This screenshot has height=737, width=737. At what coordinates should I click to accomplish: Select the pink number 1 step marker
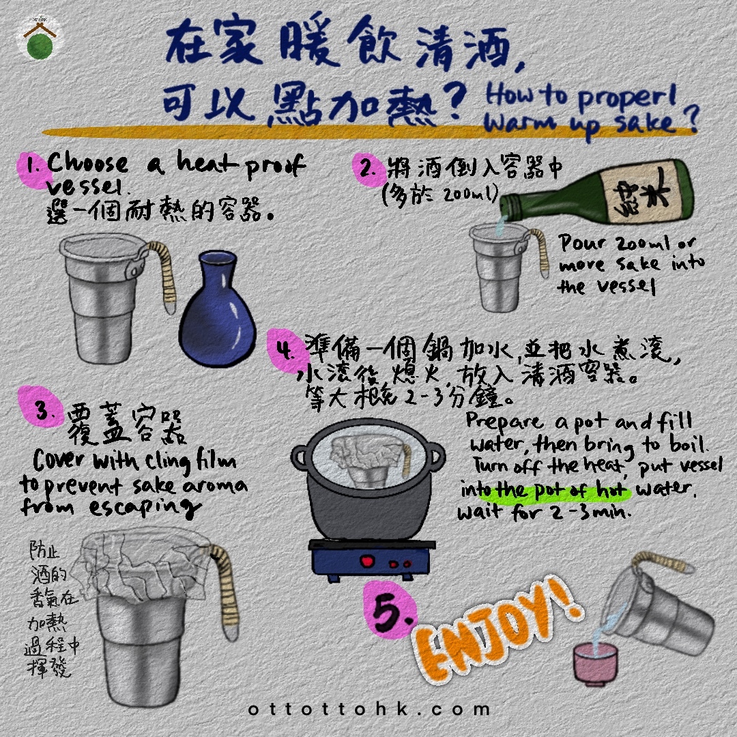tap(32, 167)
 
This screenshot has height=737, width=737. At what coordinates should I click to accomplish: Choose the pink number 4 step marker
tap(283, 349)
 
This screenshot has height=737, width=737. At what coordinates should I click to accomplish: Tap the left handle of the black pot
tap(300, 456)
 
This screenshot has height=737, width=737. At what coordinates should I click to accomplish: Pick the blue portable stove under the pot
tap(372, 560)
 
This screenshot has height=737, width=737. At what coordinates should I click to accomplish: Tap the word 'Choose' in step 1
tap(87, 164)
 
